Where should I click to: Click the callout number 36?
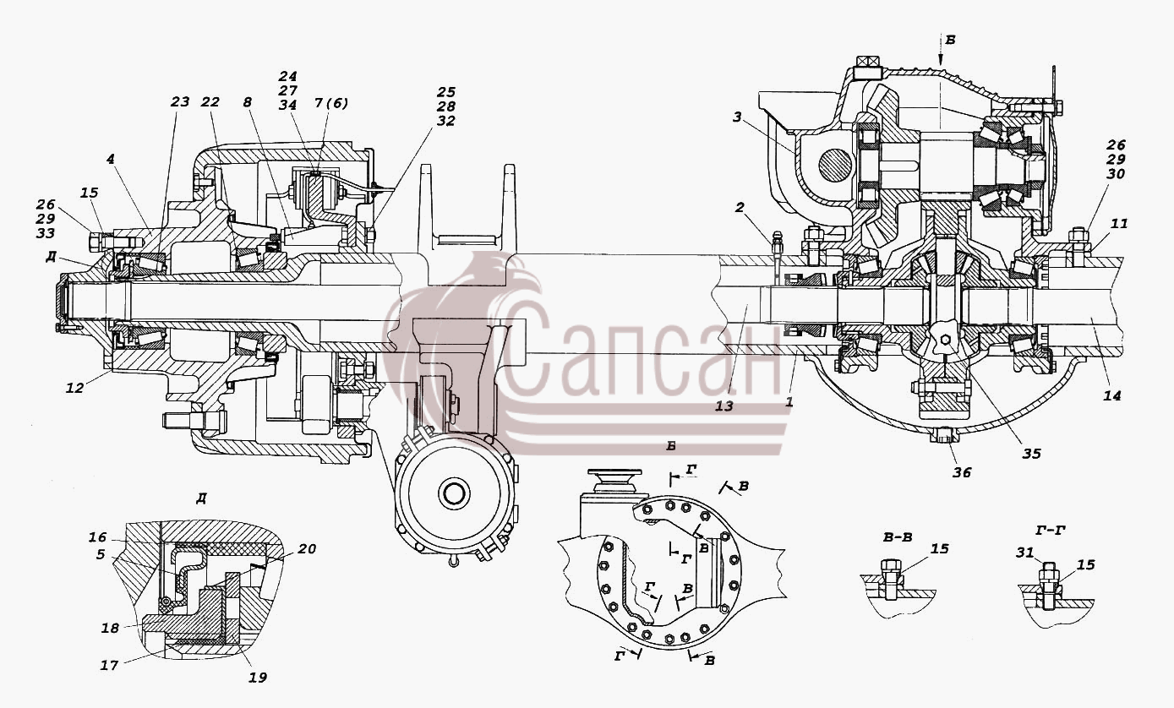click(x=962, y=472)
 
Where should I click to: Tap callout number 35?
click(x=1031, y=454)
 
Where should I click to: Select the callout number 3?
click(x=737, y=117)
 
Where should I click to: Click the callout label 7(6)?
click(x=330, y=104)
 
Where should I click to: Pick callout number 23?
click(x=179, y=101)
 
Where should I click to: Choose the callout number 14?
click(x=1111, y=395)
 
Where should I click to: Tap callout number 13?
click(x=724, y=406)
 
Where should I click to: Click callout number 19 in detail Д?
click(x=257, y=678)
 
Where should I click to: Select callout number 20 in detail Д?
click(x=307, y=548)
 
